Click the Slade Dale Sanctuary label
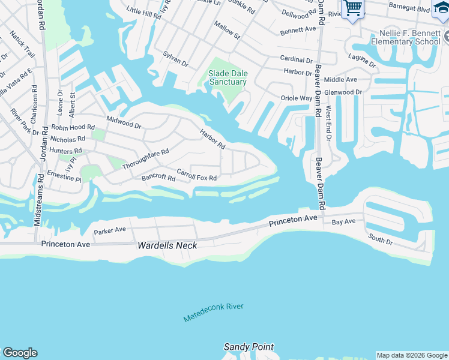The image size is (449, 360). (227, 77)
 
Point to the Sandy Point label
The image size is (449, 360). (249, 347)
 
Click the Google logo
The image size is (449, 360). (20, 353)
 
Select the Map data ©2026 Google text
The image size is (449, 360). (411, 355)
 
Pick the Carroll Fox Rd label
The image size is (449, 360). (196, 177)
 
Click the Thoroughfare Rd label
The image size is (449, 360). (145, 159)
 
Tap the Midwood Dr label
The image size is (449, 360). (124, 123)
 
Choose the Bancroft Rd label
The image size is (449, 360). (158, 178)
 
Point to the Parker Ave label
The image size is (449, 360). (109, 230)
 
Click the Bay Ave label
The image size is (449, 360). (344, 222)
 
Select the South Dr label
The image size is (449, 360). (381, 240)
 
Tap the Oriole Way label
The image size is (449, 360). (297, 98)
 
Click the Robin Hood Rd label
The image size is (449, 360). (73, 128)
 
